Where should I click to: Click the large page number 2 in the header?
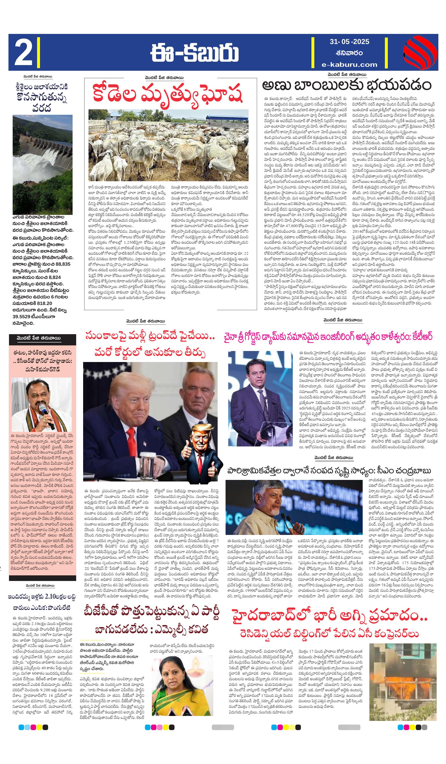point(23,52)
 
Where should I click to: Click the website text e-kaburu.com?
point(350,64)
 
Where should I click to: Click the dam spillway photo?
point(42,164)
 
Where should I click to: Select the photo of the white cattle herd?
point(168,145)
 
